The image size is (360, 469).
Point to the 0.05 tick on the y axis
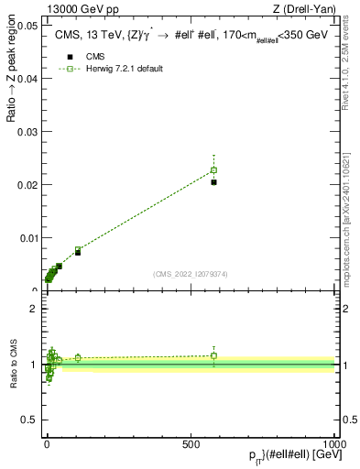tap(27, 26)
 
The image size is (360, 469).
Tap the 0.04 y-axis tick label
tap(27, 79)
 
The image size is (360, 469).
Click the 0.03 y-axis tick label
tap(27, 132)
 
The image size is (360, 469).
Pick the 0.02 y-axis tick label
tap(27, 185)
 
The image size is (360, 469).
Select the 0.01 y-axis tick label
tap(27, 238)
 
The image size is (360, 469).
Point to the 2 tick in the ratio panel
tap(33, 309)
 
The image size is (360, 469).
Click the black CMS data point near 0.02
tap(213, 182)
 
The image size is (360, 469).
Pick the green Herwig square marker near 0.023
tap(213, 170)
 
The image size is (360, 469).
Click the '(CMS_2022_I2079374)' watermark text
tap(190, 273)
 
